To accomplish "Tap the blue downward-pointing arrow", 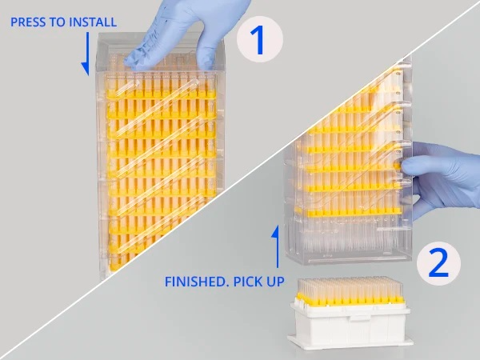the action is coord(86,54).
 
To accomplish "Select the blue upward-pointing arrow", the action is coord(277,246).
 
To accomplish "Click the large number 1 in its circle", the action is coord(259,40).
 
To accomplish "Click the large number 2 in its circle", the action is coord(438,263).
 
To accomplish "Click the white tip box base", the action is coord(350,325).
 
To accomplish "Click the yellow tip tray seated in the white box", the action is coord(348,299).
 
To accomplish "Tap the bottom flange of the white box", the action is coord(350,342).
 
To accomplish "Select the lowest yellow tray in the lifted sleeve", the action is coord(348,212).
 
